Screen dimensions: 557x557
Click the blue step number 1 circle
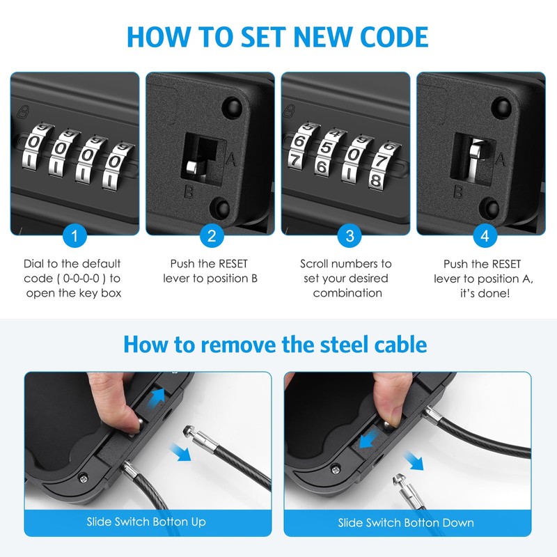[74, 236]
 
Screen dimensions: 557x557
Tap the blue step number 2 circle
[212, 236]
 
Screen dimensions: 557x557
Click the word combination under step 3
[347, 293]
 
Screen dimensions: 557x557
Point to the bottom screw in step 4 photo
[493, 207]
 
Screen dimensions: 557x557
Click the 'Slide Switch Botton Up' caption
[146, 521]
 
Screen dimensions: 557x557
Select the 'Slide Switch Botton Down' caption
[406, 522]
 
